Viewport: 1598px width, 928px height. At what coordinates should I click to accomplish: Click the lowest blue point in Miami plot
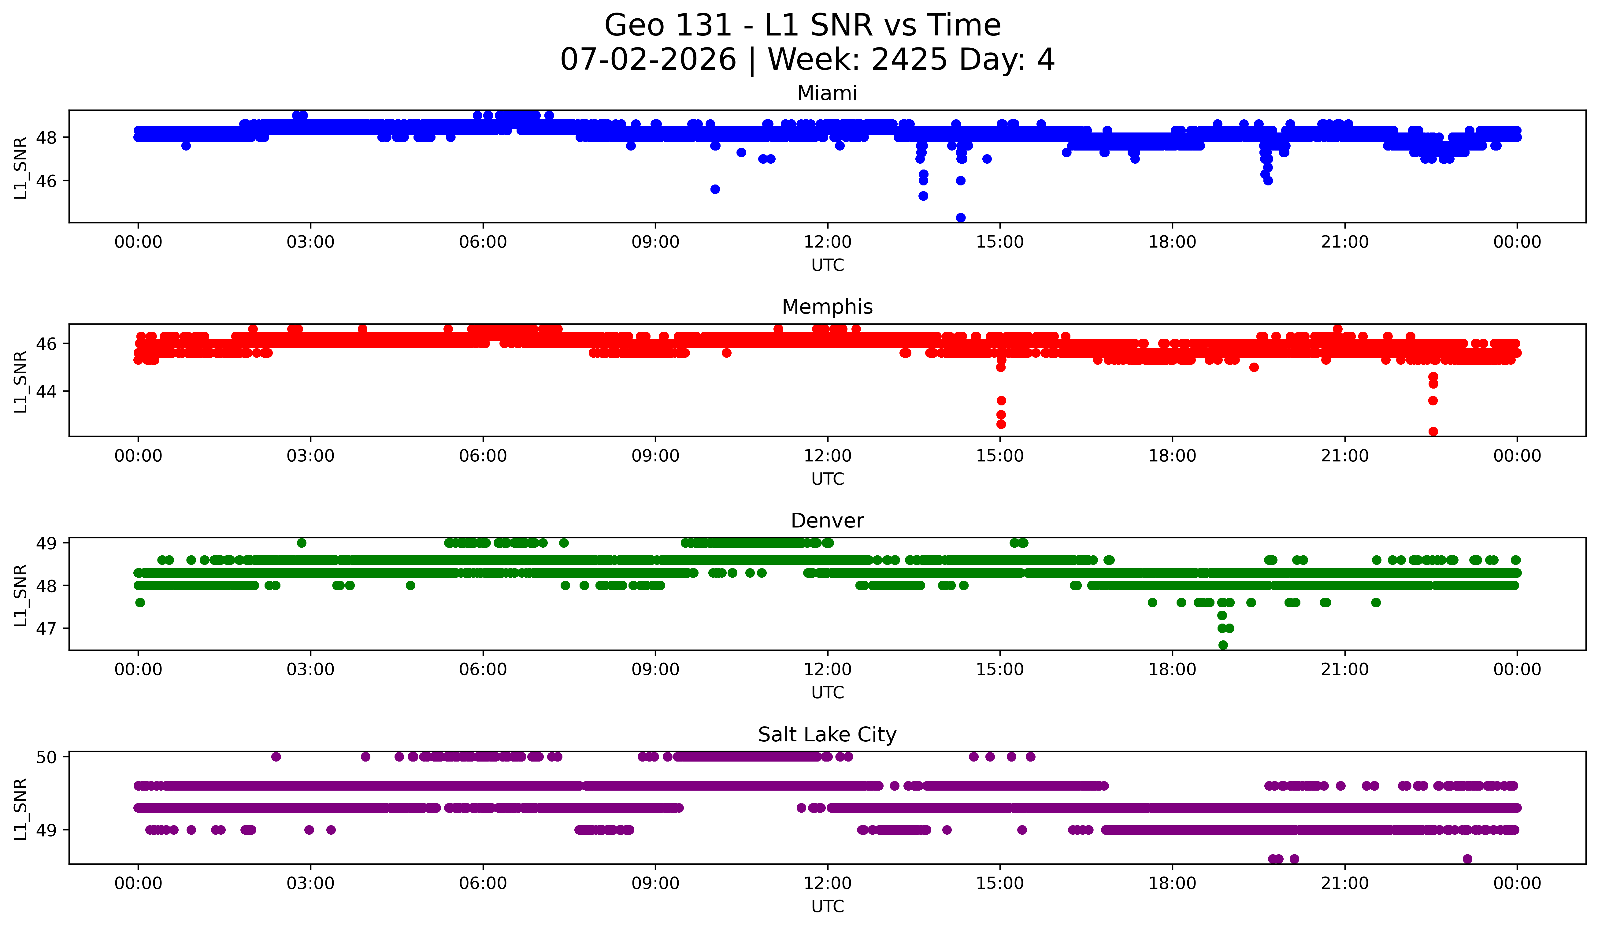click(961, 218)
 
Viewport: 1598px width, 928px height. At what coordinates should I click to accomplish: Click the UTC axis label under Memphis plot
click(828, 479)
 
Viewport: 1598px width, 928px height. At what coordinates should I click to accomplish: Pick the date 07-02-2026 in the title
click(648, 60)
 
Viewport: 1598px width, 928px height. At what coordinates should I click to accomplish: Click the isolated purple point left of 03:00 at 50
click(276, 757)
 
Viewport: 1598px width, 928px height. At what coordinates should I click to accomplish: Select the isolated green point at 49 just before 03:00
click(302, 543)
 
